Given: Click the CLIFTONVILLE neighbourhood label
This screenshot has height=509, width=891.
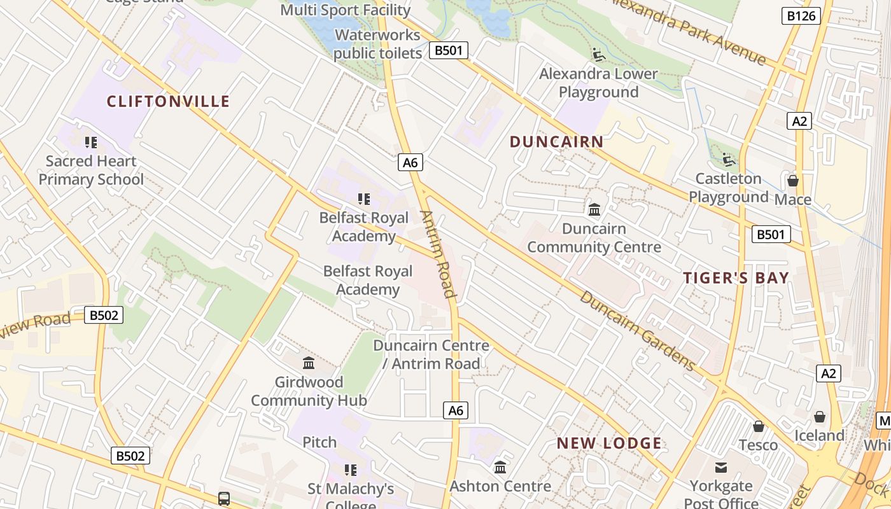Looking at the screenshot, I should tap(168, 101).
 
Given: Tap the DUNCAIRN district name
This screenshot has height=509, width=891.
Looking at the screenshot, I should tap(556, 142).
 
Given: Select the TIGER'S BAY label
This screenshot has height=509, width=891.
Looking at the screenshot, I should tap(736, 277).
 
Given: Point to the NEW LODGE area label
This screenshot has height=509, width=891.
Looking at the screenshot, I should tap(609, 443).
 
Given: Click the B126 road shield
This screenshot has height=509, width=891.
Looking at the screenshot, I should tap(801, 16).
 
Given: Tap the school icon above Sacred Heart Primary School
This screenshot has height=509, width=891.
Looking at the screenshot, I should tap(90, 143).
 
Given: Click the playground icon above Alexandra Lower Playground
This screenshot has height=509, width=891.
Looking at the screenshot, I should tap(598, 55).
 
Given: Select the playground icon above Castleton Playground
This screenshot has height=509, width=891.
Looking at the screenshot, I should tap(728, 160).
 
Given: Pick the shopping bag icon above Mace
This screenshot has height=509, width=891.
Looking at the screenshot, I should tap(792, 181).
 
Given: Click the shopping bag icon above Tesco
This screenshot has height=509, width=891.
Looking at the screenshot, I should tap(758, 426).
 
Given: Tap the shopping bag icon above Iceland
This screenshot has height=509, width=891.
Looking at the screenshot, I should tap(820, 417).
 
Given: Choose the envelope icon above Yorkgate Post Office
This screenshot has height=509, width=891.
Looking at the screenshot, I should tap(720, 468).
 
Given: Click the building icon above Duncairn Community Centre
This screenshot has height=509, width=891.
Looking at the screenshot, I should tap(594, 209).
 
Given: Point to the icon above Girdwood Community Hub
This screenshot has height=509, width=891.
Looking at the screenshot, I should tap(309, 363).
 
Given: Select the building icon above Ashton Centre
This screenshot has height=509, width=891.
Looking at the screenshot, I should tap(500, 468).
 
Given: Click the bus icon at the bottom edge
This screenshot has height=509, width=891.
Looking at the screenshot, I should tap(223, 498).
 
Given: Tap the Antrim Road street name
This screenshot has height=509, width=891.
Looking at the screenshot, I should tap(439, 254).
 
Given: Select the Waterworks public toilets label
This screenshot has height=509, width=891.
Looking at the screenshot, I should tap(377, 44).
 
